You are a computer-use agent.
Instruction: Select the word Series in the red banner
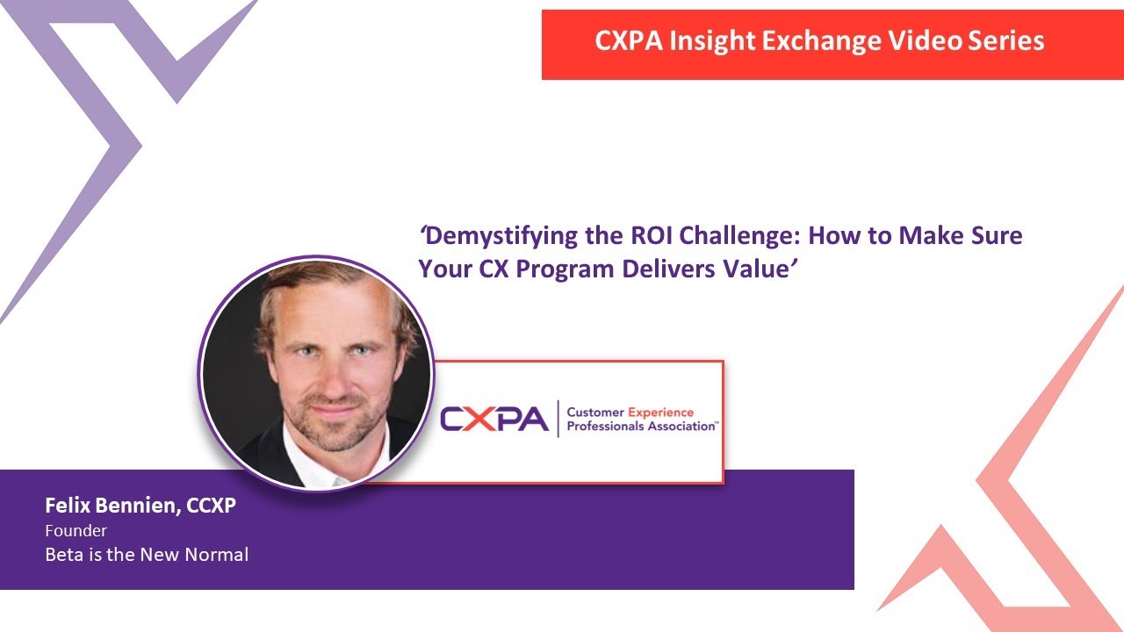pos(1005,40)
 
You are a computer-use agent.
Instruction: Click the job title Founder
pos(76,531)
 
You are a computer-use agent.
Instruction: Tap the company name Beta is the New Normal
pos(147,555)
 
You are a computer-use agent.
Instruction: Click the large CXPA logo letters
pos(494,420)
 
